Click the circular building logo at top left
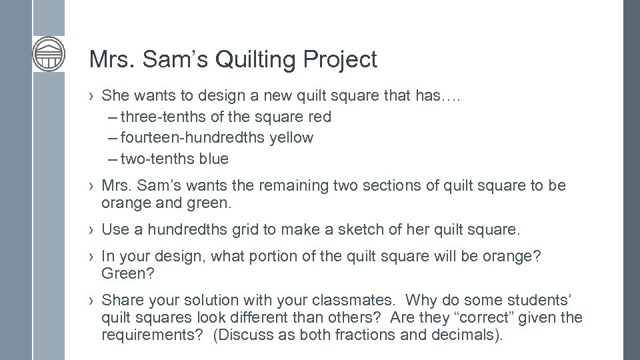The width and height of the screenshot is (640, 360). click(49, 53)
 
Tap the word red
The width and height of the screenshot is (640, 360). click(319, 117)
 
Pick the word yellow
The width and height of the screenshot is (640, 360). click(291, 137)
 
